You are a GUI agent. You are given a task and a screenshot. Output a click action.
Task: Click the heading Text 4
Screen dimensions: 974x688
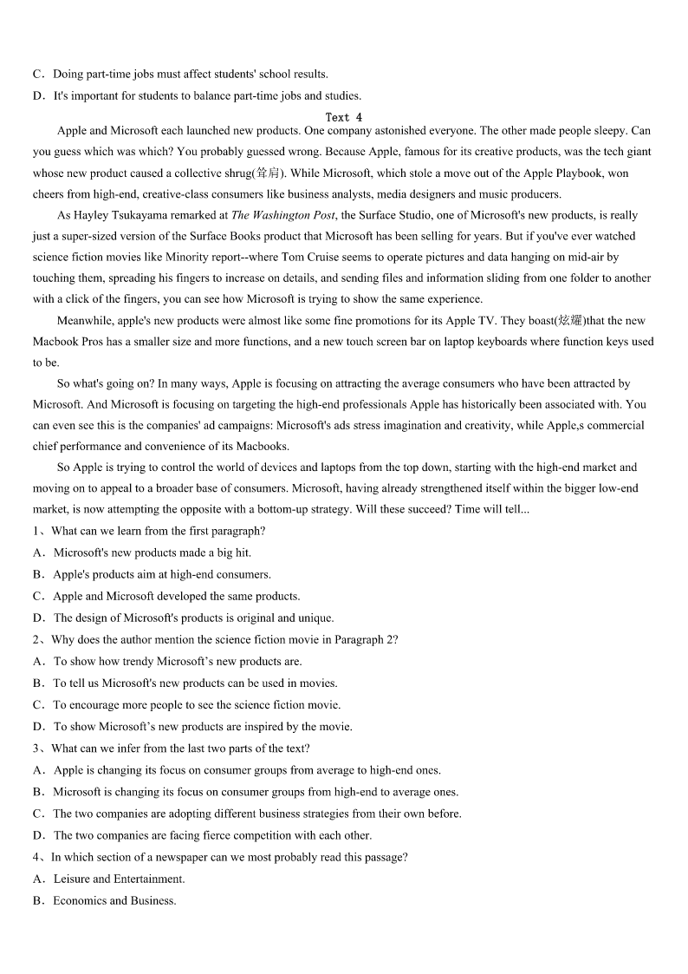343,116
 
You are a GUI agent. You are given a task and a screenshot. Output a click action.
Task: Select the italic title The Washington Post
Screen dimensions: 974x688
282,215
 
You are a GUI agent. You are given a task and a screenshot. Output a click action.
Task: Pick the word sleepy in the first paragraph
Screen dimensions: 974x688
600,130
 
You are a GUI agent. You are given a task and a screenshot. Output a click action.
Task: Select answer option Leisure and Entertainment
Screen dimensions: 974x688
119,879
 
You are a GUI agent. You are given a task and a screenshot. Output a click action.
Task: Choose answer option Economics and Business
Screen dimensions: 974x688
114,900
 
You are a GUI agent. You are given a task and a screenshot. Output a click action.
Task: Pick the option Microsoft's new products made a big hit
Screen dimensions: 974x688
152,552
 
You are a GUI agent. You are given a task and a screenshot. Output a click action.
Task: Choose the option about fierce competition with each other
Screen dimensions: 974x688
212,835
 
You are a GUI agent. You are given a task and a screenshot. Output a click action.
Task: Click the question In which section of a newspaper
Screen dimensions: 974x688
229,857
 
